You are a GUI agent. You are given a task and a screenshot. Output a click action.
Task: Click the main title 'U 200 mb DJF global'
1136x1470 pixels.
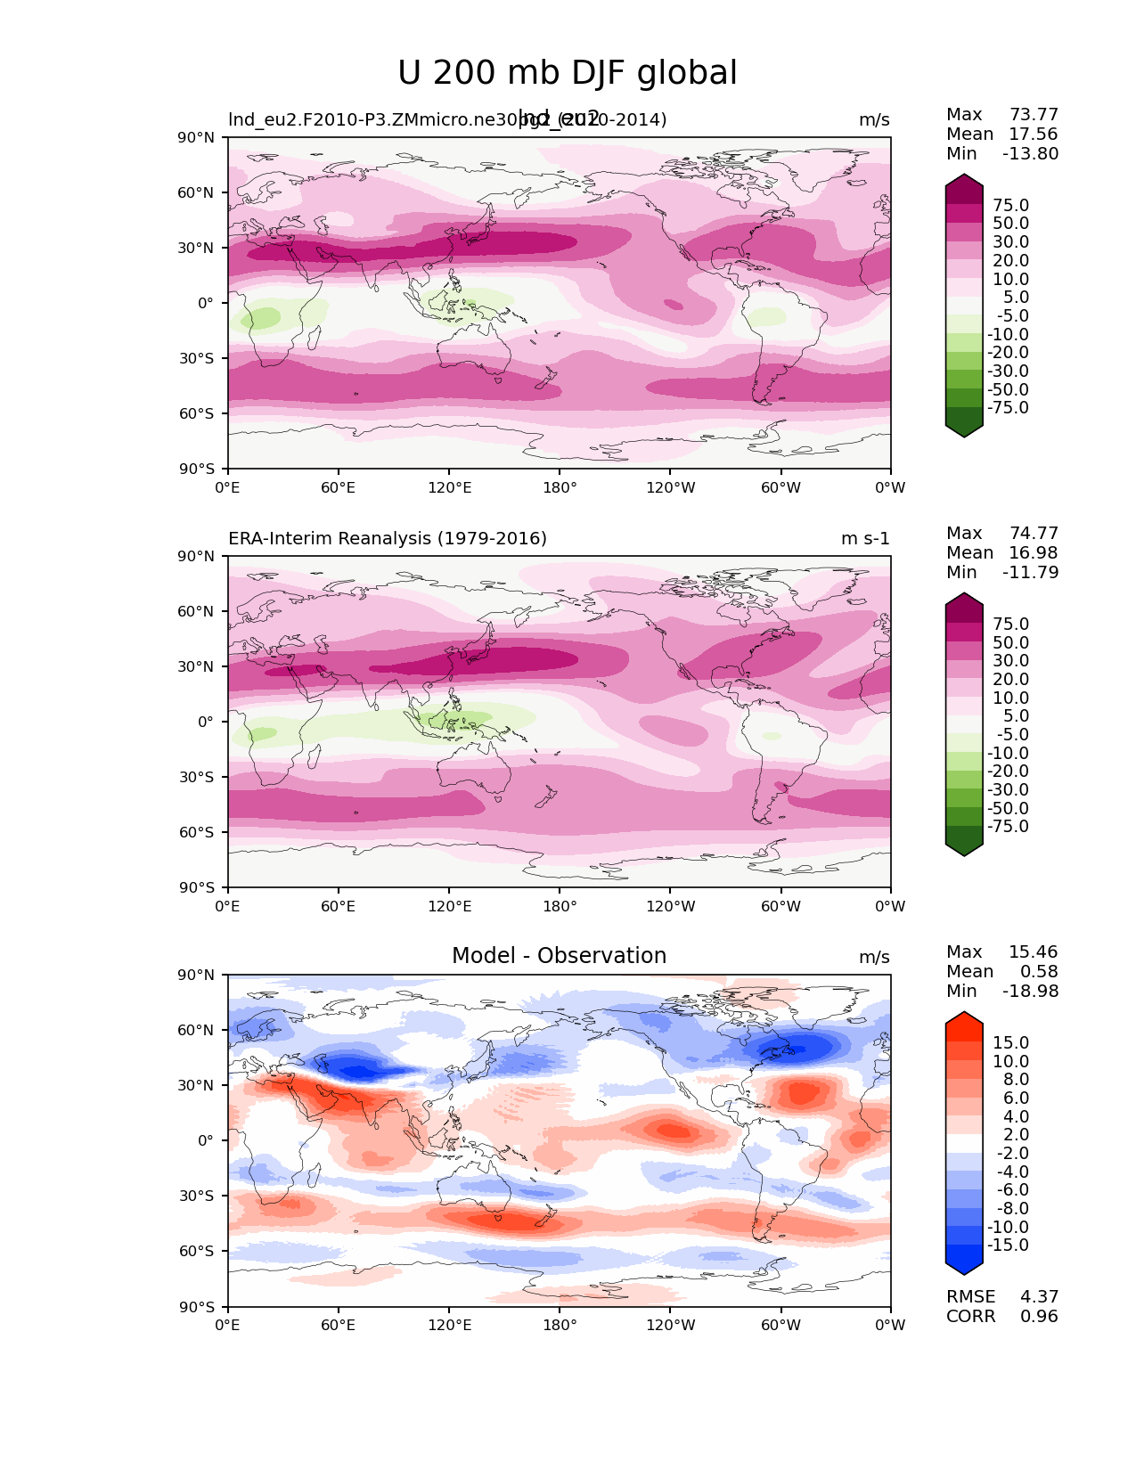coord(567,73)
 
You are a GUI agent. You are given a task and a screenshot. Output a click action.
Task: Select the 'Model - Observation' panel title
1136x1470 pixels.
coord(559,956)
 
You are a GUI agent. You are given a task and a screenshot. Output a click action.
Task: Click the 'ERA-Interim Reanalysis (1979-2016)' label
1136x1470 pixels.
coord(388,538)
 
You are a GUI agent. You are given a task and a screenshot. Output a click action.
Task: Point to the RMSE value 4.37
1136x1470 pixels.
coord(1039,1296)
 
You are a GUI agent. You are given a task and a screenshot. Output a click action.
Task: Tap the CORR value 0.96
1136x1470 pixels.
coord(1039,1316)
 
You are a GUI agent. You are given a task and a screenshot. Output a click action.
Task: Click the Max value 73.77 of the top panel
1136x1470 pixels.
coord(1034,114)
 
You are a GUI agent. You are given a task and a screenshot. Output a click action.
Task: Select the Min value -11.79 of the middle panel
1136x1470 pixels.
coord(1031,572)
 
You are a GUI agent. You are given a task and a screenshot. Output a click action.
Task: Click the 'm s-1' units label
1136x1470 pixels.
coord(865,538)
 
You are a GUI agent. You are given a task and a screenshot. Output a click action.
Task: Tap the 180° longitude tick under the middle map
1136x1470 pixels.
coord(560,906)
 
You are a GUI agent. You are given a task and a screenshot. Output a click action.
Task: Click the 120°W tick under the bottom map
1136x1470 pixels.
coord(671,1325)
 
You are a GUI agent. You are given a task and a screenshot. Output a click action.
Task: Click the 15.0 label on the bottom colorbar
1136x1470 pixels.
coord(1010,1042)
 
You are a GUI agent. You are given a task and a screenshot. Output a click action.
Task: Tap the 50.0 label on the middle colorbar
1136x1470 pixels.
coord(1010,642)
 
